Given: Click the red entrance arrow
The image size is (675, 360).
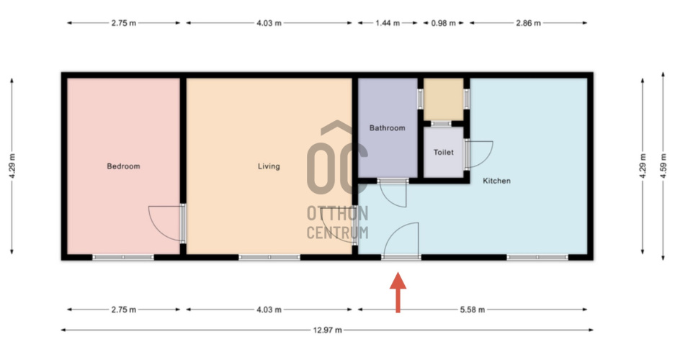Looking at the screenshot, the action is [398, 292].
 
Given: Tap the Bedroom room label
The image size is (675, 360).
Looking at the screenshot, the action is [124, 166].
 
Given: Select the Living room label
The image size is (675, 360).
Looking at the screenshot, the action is [269, 166].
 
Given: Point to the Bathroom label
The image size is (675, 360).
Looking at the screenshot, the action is [387, 127].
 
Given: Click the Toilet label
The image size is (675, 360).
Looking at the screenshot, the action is [444, 152].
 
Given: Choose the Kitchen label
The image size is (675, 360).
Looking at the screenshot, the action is [496, 181].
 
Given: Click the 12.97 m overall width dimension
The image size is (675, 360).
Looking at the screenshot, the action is [327, 330].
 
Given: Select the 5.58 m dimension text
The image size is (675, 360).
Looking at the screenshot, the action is [473, 310].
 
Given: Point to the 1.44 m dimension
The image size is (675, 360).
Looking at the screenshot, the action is [388, 23].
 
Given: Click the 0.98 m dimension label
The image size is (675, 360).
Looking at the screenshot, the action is [444, 23].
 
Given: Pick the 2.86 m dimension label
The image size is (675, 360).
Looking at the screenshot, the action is [528, 23].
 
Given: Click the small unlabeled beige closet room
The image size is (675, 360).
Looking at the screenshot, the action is [444, 99].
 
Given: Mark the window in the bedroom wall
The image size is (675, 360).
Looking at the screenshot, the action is [123, 257].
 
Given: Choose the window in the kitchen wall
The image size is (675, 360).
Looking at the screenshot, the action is [537, 257].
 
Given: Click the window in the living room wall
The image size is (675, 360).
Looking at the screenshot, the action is [269, 257].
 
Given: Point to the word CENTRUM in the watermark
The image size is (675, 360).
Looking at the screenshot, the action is [337, 233].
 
